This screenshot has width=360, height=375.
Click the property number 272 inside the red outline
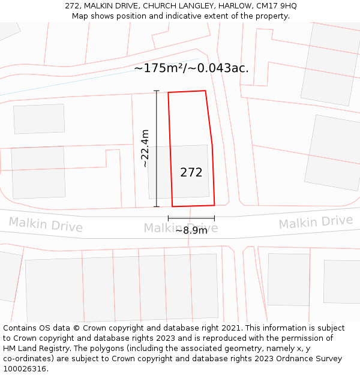coord(191,173)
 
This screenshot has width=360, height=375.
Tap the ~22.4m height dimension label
coord(145,148)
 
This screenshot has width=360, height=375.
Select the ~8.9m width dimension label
coord(191,230)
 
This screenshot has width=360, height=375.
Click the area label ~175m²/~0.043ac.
coord(191,68)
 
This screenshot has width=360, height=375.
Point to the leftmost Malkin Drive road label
coord(46,225)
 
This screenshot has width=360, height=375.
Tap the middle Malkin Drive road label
coord(181,227)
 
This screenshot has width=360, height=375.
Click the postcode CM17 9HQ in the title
coord(275,6)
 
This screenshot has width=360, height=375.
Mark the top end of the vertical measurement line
coord(157,91)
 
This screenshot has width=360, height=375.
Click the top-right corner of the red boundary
coord(206,91)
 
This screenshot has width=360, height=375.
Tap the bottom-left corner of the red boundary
coord(173,206)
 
